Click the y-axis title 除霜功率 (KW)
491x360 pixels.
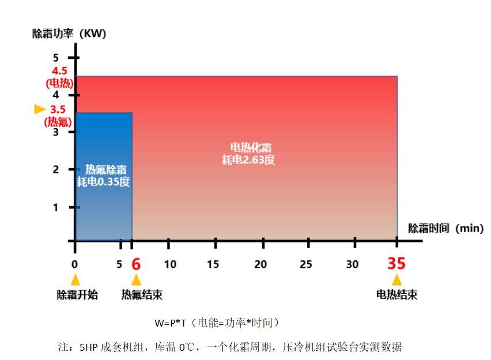click(x=70, y=33)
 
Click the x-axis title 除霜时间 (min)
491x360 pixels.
click(x=445, y=228)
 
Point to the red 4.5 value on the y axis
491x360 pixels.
click(x=59, y=71)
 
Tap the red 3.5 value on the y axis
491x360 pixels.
click(x=58, y=109)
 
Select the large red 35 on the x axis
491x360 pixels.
click(x=396, y=264)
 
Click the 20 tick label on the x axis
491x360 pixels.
click(x=261, y=264)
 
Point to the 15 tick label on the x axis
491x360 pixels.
click(x=214, y=264)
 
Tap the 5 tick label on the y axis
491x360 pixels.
click(x=56, y=57)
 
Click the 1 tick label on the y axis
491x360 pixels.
click(x=56, y=207)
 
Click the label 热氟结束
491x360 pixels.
click(x=142, y=295)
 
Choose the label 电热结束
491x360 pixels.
click(x=396, y=295)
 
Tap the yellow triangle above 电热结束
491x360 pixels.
click(x=396, y=280)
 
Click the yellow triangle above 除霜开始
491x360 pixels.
click(x=75, y=280)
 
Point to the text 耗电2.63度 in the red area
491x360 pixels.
click(x=248, y=160)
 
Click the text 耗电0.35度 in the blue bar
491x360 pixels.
click(x=104, y=182)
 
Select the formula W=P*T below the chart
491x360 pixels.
click(x=168, y=323)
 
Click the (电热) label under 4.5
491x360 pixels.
click(x=59, y=82)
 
